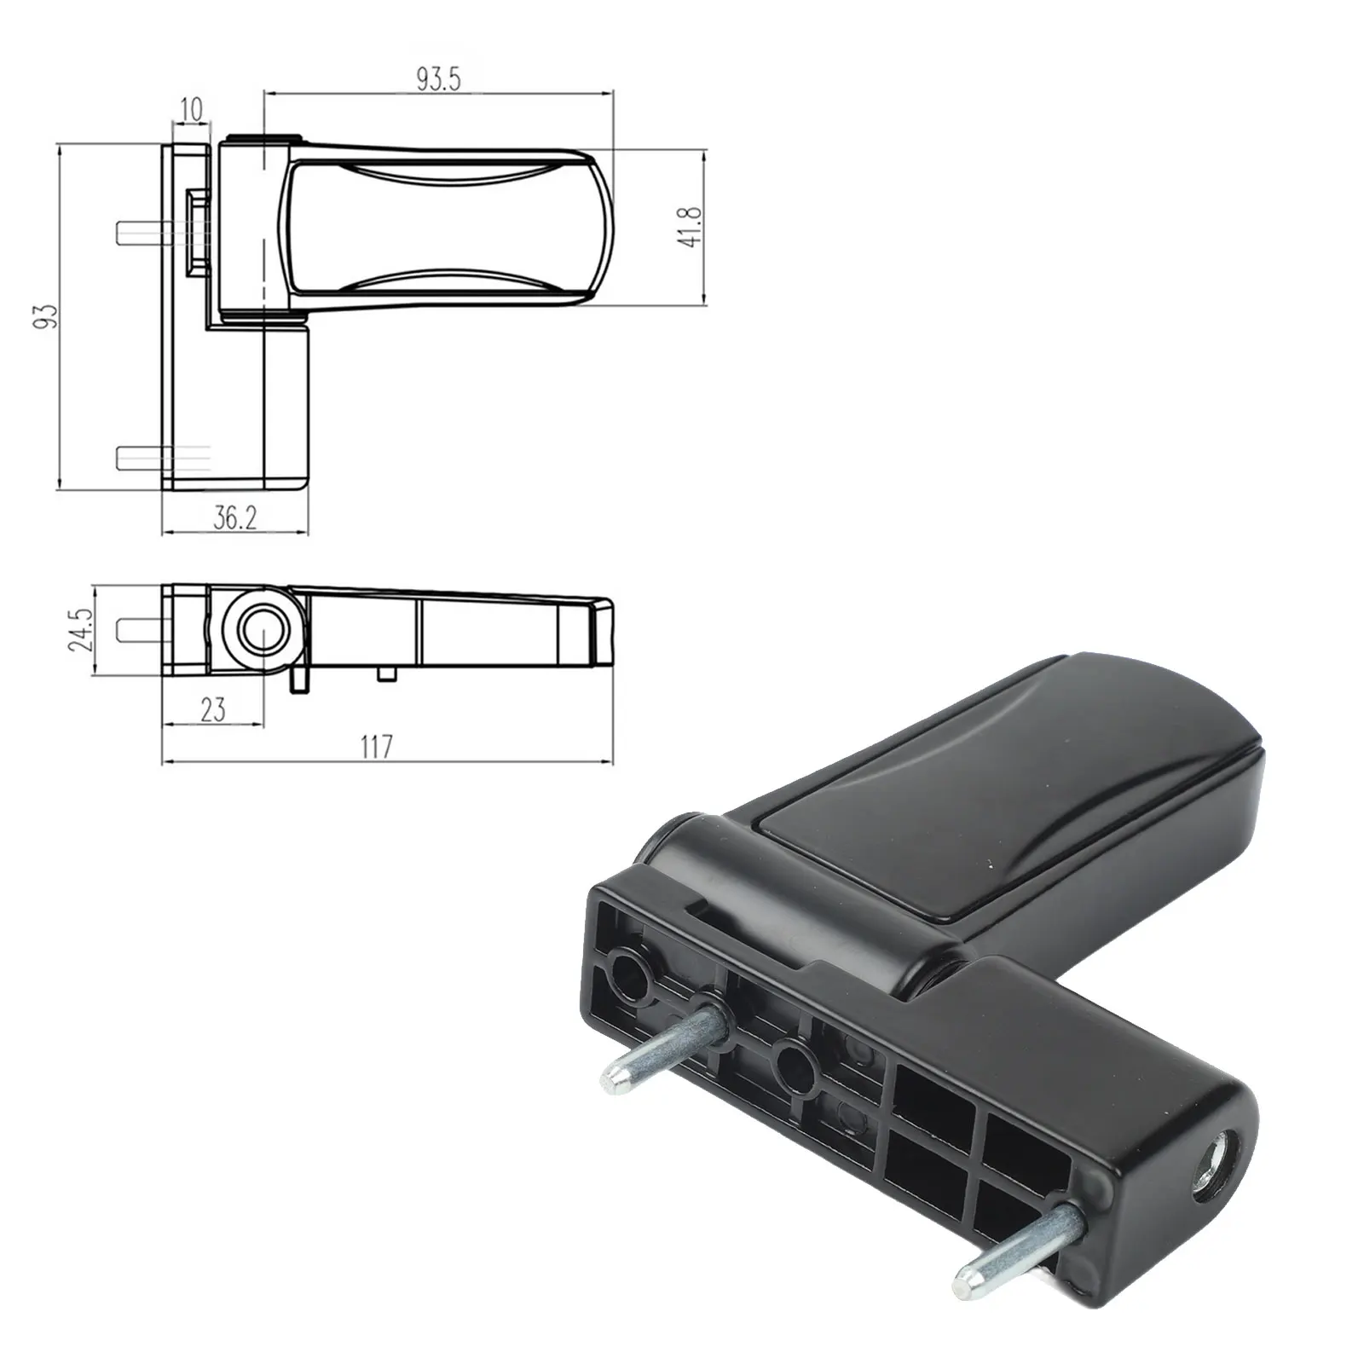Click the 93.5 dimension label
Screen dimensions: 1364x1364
pyautogui.click(x=439, y=79)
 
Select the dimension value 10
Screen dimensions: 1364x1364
pyautogui.click(x=193, y=109)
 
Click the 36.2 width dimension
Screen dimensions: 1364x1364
pyautogui.click(x=235, y=517)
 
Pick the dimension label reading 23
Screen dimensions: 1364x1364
pyautogui.click(x=213, y=709)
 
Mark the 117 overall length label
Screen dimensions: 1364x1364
pyautogui.click(x=376, y=747)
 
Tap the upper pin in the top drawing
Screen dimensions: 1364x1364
pyautogui.click(x=144, y=232)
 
